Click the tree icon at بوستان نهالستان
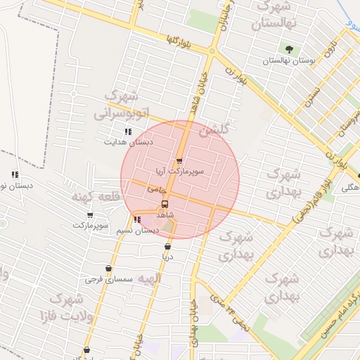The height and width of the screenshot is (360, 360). coord(289,50)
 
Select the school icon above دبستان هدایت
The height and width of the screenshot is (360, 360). coord(128,131)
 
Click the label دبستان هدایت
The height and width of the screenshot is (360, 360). coord(128,141)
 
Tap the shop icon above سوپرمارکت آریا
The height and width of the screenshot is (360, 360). coord(179,161)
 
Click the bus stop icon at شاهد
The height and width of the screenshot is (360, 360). coord(165,204)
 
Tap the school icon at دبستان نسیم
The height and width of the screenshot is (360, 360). coord(136,219)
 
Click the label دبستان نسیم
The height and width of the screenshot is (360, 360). coord(138,230)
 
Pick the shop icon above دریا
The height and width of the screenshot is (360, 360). coord(167,247)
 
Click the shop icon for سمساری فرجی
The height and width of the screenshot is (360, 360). coord(108,269)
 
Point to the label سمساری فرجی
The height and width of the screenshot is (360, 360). coord(104,279)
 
